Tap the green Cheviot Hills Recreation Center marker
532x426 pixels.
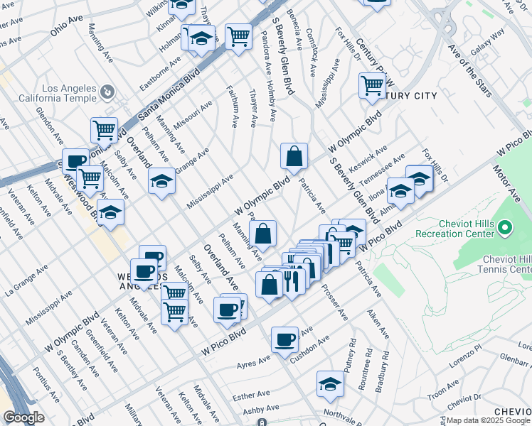pos(505,228)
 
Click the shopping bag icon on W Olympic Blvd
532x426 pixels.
pos(294,155)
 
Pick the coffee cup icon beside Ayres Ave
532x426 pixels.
pos(284,339)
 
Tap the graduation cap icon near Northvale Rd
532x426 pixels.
pos(330,384)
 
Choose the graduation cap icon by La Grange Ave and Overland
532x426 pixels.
pos(162,181)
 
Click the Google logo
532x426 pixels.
pos(23,417)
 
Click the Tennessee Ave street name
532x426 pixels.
pos(385,168)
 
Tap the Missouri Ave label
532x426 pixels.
pos(193,114)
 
